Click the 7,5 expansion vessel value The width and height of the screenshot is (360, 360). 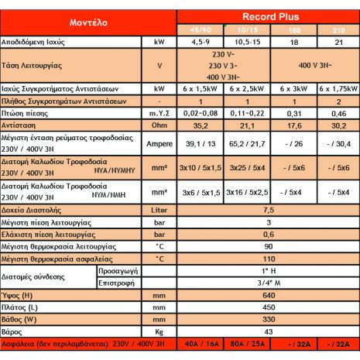(268, 210)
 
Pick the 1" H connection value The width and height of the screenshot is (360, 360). (268, 272)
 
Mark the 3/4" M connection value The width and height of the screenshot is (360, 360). (268, 283)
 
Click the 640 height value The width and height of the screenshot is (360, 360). (268, 295)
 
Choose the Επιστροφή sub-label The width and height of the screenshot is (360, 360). (116, 283)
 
